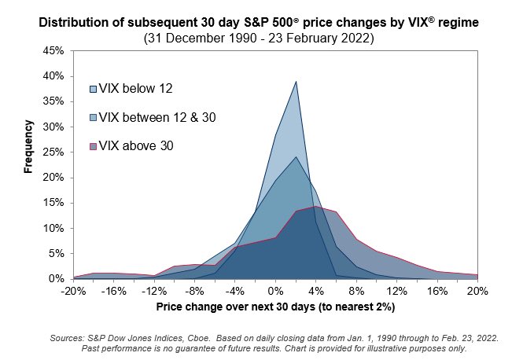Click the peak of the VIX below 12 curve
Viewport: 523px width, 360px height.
[x=296, y=81]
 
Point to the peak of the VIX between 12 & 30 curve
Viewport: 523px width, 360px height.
[x=296, y=156]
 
